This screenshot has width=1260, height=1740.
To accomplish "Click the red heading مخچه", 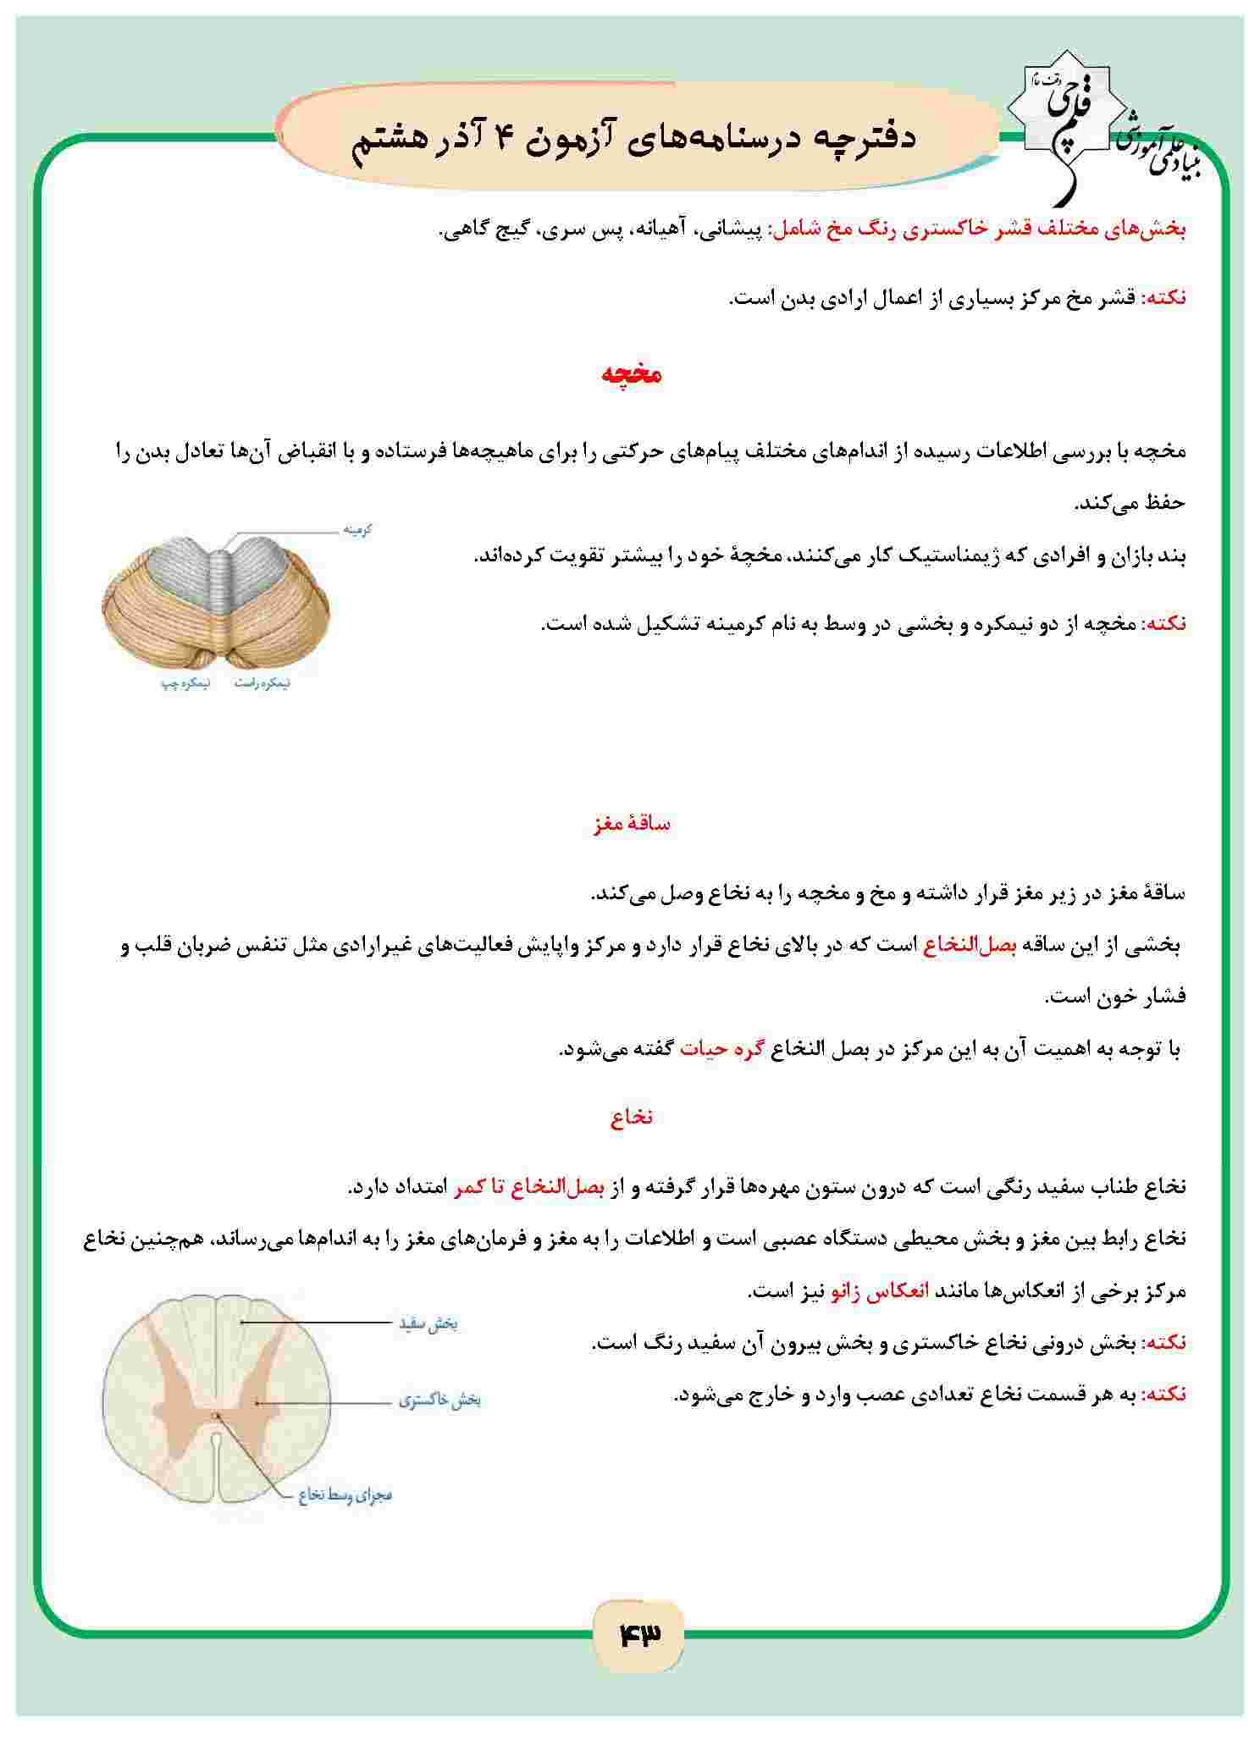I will tap(631, 374).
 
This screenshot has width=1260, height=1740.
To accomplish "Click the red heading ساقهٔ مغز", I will tap(632, 824).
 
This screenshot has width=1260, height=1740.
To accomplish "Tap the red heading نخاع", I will tap(631, 1118).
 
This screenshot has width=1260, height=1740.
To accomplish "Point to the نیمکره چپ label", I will tap(173, 682).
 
